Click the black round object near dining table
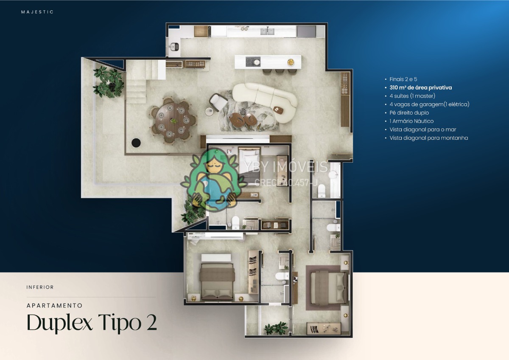pyautogui.click(x=136, y=143)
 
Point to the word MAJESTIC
pyautogui.click(x=37, y=12)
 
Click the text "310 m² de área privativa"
pyautogui.click(x=421, y=87)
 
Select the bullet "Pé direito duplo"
pyautogui.click(x=409, y=113)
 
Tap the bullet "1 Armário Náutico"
pyautogui.click(x=411, y=121)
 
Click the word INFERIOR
pyautogui.click(x=40, y=287)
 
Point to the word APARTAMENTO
pyautogui.click(x=55, y=305)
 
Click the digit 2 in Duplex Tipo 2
pyautogui.click(x=151, y=322)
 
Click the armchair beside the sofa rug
pyautogui.click(x=218, y=103)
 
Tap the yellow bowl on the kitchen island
pyautogui.click(x=291, y=62)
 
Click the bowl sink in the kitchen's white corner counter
pyautogui.click(x=174, y=47)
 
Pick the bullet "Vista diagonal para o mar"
pyautogui.click(x=423, y=129)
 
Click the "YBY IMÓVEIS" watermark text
pyautogui.click(x=287, y=167)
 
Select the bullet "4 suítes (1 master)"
pyautogui.click(x=412, y=96)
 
